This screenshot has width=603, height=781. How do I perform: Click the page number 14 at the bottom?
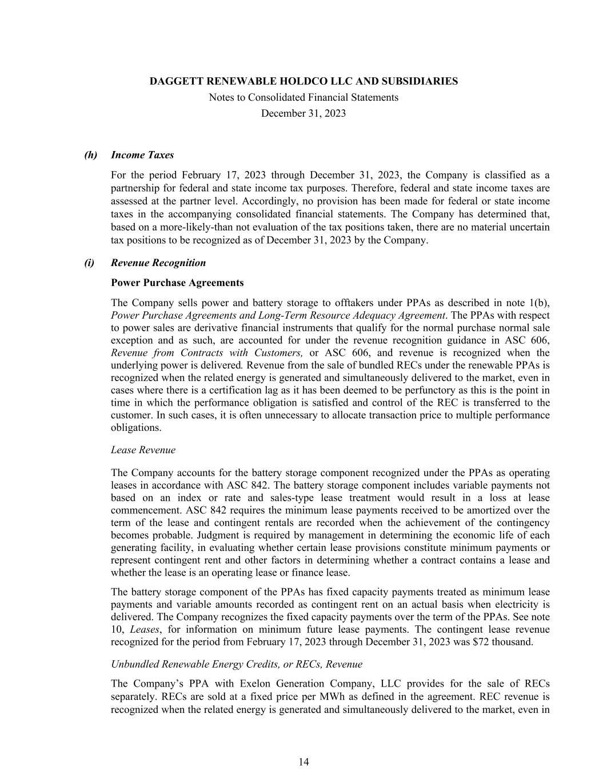point(304,762)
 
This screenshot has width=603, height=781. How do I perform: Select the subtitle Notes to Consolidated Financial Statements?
point(304,97)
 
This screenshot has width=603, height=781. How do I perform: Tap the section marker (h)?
point(91,155)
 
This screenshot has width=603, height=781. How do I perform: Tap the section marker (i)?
point(89,263)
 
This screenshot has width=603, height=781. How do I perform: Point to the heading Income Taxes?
point(142,155)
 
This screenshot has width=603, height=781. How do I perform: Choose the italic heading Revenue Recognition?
point(158,263)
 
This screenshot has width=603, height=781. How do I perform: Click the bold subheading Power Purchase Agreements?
point(177,283)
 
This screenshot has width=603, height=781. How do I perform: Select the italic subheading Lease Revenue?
point(143,450)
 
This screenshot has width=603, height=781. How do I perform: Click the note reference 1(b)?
point(541,303)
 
